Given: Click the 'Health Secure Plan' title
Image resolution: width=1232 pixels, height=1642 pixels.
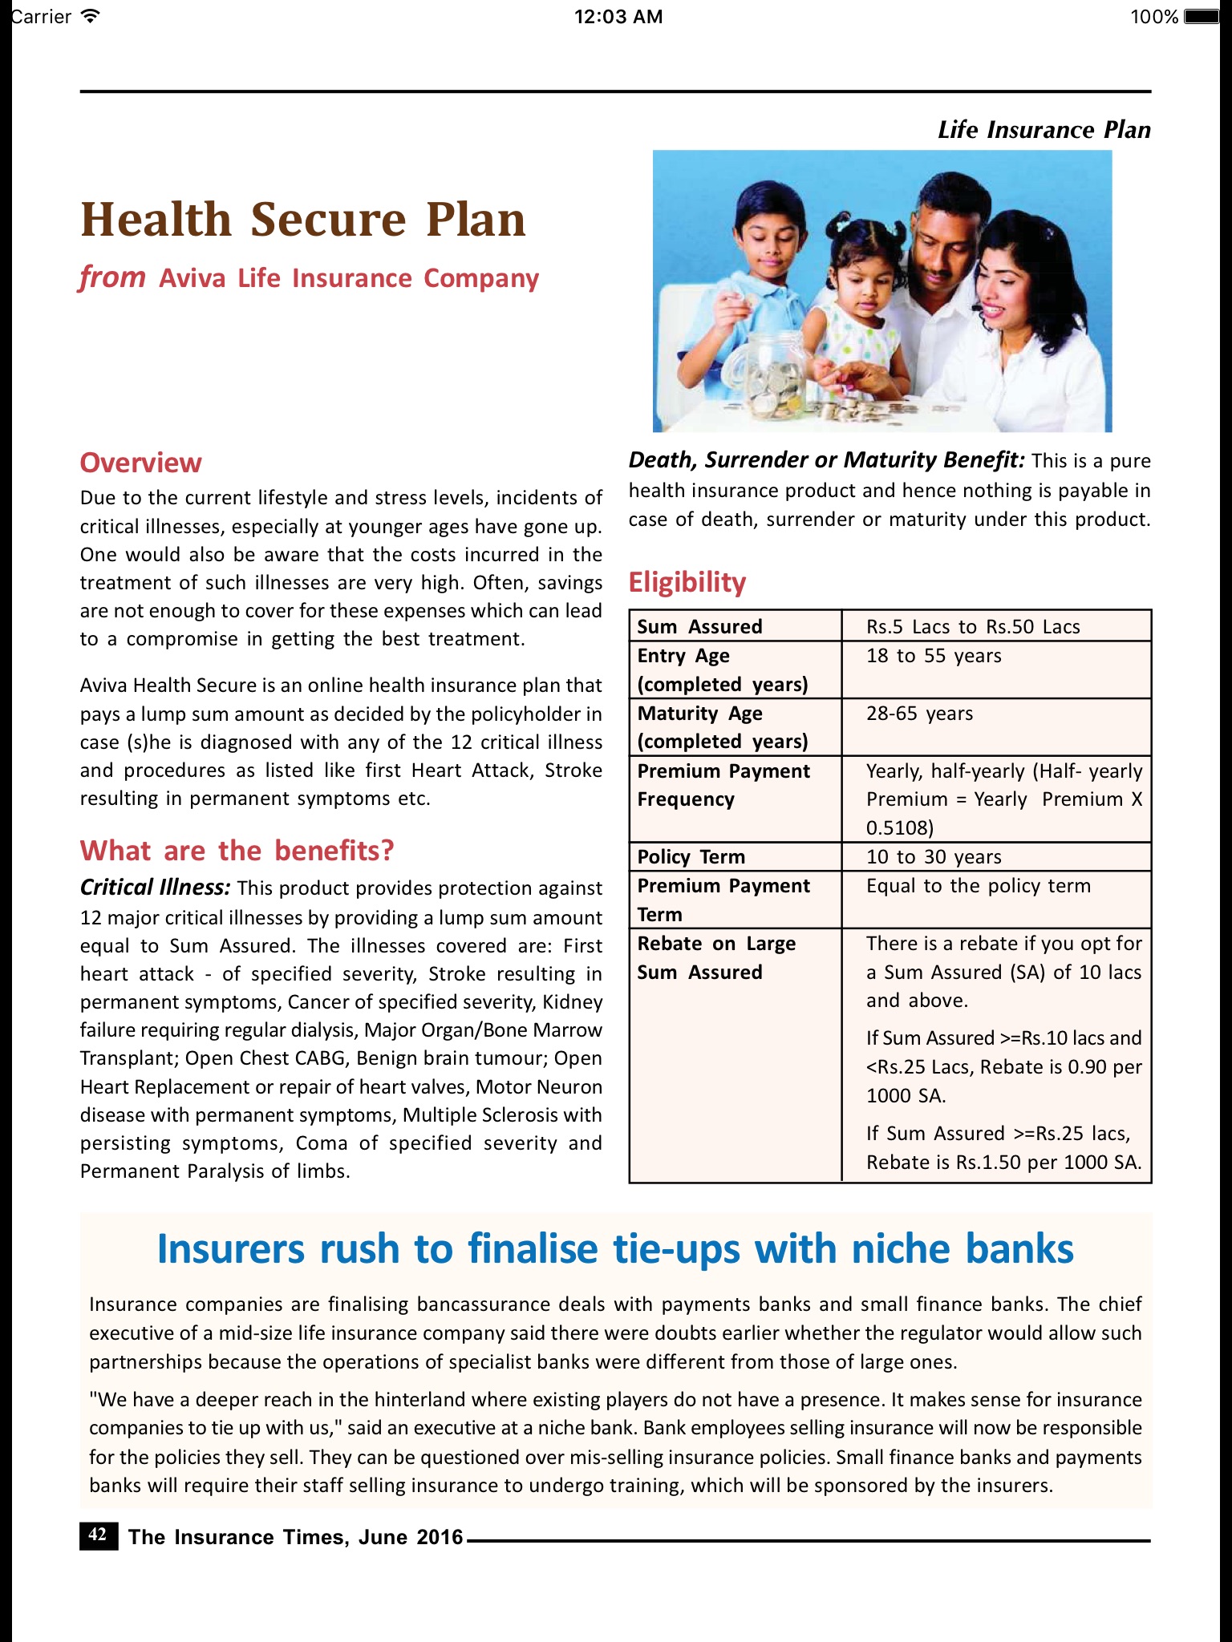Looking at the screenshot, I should click(303, 220).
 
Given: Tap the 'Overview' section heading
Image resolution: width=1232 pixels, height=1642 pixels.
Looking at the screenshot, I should click(140, 463).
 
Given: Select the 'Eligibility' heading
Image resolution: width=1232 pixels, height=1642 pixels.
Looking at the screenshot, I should click(687, 582).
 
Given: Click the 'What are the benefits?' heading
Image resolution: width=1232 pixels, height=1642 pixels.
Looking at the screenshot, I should click(237, 851).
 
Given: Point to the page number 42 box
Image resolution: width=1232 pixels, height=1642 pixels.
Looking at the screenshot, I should click(98, 1535).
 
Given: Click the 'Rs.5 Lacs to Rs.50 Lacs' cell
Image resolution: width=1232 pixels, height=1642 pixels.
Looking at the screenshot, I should click(972, 627).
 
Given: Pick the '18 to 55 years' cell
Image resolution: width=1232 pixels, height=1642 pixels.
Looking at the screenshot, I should click(933, 656).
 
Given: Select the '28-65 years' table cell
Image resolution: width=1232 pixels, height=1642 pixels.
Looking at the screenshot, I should click(919, 714).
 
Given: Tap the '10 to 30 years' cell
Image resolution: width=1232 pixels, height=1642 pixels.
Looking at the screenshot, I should click(933, 857).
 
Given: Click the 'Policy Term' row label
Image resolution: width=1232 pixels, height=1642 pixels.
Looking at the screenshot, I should click(691, 857).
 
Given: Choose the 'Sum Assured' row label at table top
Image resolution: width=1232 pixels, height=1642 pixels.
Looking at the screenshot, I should click(699, 627).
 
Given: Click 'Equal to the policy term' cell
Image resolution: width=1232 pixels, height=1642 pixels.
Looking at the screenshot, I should click(978, 886).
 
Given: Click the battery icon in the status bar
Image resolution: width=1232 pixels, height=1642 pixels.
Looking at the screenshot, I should click(1201, 17).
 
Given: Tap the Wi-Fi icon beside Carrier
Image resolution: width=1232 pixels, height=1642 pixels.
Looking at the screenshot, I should click(91, 16).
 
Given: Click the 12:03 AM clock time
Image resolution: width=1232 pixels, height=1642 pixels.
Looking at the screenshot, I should click(618, 17).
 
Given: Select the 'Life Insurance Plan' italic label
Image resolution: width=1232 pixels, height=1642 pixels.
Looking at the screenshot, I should click(1044, 130).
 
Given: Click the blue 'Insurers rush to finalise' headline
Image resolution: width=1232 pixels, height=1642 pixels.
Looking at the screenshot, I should click(615, 1249).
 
